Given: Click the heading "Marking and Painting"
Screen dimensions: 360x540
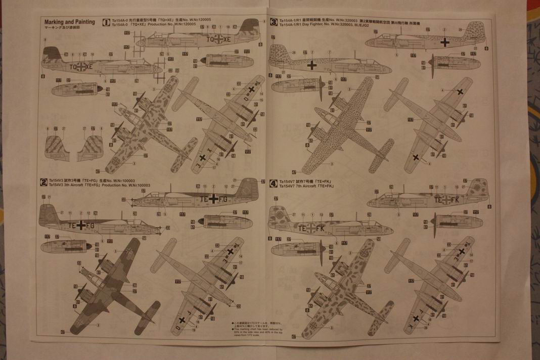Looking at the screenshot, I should pos(70,22).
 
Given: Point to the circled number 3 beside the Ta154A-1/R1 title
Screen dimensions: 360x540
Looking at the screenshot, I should pos(273,22).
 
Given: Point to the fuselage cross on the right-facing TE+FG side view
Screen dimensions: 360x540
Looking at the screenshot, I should pos(214,198).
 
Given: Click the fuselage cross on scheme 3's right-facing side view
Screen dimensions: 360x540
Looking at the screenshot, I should pos(445,42).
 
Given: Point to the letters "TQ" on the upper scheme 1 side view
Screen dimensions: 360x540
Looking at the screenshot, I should pos(210,38).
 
